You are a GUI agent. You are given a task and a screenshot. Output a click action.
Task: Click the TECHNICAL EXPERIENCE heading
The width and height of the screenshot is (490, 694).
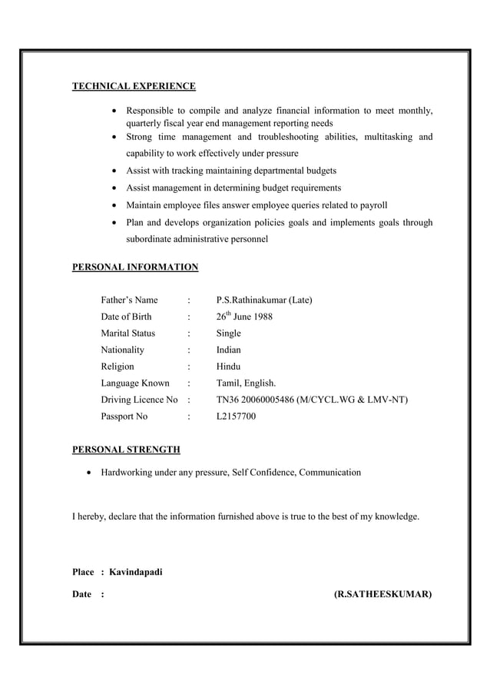[x=134, y=86]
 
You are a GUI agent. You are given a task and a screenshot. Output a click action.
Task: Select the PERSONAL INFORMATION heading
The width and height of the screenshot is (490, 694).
[x=135, y=267]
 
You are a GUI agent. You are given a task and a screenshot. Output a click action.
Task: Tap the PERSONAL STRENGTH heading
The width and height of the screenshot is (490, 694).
[x=126, y=449]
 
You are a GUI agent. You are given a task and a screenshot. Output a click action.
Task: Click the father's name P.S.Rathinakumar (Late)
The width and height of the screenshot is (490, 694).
[x=264, y=300]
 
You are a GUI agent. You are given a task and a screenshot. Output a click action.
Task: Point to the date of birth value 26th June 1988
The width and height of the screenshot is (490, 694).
[x=244, y=317]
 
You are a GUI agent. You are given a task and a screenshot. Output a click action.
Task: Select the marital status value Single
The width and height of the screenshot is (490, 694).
[x=229, y=334]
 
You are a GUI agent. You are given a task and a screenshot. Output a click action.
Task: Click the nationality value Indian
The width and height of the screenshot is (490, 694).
[x=229, y=350]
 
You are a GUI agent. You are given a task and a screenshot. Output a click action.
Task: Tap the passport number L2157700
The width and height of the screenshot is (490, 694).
[x=237, y=417]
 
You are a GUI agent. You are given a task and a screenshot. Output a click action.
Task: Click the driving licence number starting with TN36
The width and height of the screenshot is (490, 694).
[x=312, y=400]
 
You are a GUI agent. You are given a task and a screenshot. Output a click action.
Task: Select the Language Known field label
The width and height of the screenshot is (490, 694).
[x=135, y=384]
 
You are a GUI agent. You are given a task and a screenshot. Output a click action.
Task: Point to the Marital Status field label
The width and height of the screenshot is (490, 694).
[x=127, y=334]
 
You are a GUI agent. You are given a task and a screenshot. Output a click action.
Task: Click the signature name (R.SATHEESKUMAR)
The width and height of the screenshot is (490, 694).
[x=382, y=594]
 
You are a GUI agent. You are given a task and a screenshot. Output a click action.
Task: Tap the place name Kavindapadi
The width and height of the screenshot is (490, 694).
[x=136, y=573]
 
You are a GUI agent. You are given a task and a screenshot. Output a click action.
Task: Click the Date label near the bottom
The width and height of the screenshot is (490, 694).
[x=82, y=594]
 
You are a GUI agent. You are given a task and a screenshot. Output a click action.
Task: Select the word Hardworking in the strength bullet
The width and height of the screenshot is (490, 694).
[x=126, y=472]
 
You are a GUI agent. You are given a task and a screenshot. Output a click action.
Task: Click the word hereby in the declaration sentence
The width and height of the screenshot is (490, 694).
[x=93, y=516]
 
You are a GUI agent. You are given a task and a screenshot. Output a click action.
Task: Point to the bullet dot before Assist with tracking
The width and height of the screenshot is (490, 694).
[x=114, y=171]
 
